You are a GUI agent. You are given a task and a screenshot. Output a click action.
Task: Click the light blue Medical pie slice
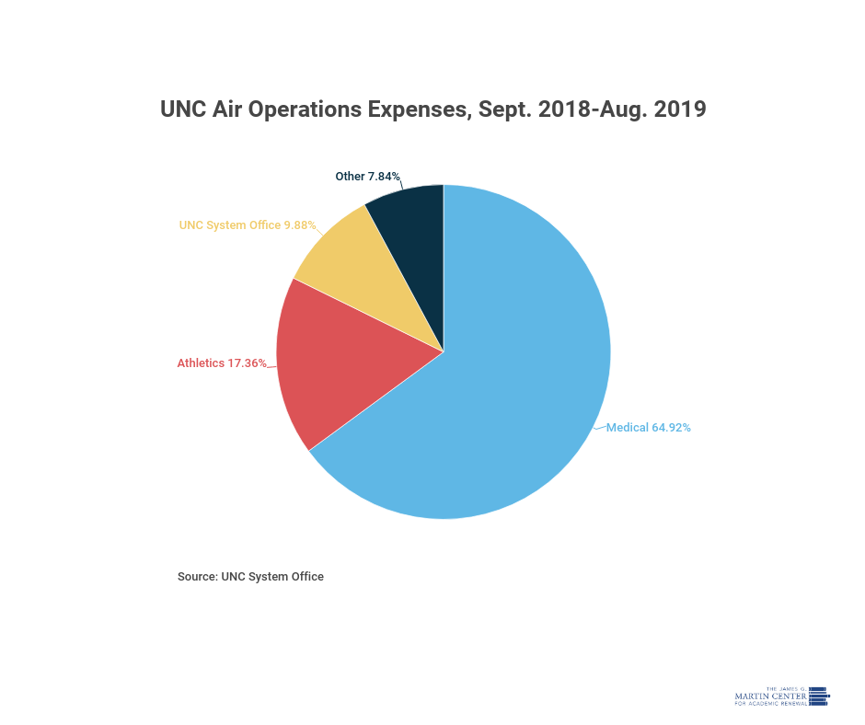click(515, 386)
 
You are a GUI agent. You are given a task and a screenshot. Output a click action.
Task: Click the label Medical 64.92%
click(648, 427)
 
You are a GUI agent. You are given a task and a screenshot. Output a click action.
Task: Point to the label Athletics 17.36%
click(222, 363)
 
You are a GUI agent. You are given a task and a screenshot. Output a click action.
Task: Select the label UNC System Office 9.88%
click(247, 224)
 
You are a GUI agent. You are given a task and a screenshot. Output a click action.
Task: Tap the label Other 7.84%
click(367, 176)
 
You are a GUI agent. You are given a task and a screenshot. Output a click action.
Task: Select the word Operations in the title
click(306, 109)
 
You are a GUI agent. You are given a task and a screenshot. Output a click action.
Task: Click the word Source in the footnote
click(196, 577)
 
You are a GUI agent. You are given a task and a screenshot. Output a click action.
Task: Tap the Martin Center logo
click(781, 696)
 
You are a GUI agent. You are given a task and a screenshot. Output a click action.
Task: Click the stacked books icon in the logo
click(819, 696)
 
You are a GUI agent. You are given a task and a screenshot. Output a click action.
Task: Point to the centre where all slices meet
click(444, 351)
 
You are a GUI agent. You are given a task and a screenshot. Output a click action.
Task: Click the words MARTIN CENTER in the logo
click(771, 696)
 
